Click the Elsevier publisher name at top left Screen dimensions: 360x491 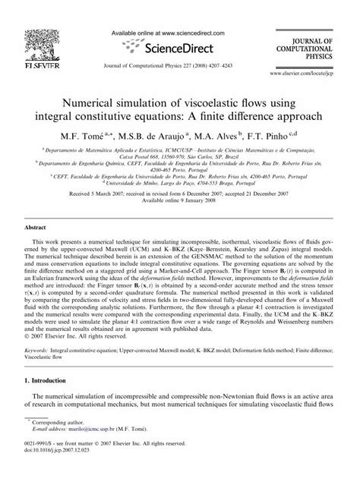pos(27,66)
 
